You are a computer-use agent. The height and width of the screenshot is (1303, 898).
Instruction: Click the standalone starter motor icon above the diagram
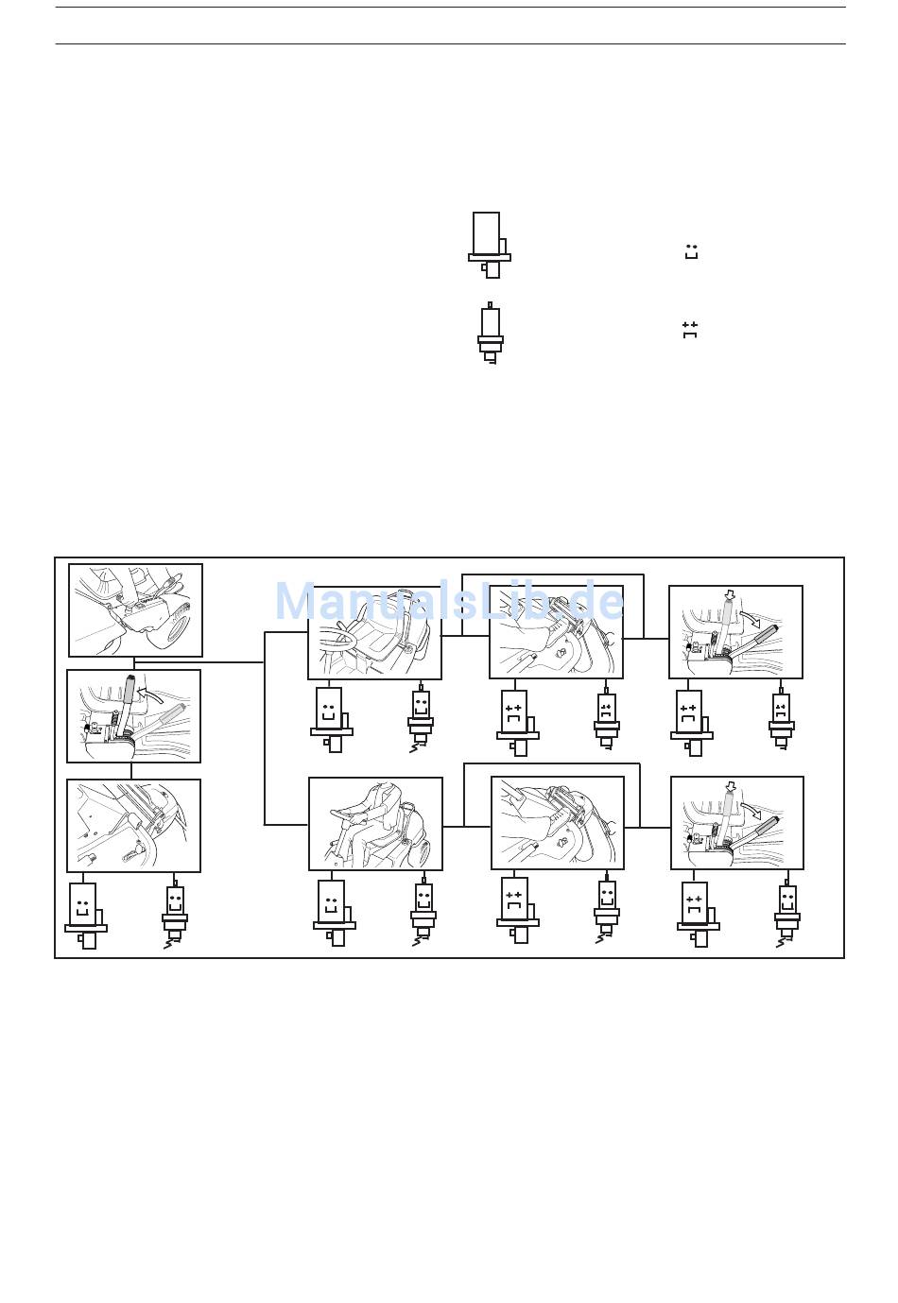(x=489, y=245)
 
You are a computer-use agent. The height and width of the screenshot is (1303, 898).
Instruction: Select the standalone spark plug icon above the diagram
(x=490, y=333)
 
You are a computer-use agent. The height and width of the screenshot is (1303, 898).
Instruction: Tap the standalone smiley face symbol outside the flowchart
(x=691, y=252)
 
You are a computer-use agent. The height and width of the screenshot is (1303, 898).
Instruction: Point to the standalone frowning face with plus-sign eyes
(x=690, y=329)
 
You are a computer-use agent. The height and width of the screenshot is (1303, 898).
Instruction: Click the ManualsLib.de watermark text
(x=449, y=602)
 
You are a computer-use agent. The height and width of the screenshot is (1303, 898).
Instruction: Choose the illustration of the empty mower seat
(x=374, y=632)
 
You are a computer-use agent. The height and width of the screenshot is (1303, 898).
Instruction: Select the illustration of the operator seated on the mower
(x=375, y=824)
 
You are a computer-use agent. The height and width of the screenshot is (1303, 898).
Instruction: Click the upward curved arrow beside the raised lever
(x=147, y=691)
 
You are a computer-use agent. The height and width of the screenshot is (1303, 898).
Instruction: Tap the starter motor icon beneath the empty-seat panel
(x=331, y=718)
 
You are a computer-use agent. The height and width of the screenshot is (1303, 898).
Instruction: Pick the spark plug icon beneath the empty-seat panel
(x=421, y=720)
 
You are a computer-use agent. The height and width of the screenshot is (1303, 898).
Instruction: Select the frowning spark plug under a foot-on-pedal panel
(x=607, y=719)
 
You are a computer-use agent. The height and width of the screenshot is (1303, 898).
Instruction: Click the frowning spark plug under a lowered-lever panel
(x=781, y=719)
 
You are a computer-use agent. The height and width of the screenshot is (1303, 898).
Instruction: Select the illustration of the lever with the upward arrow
(x=133, y=716)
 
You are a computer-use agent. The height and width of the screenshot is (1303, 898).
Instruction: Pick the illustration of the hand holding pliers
(x=135, y=610)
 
